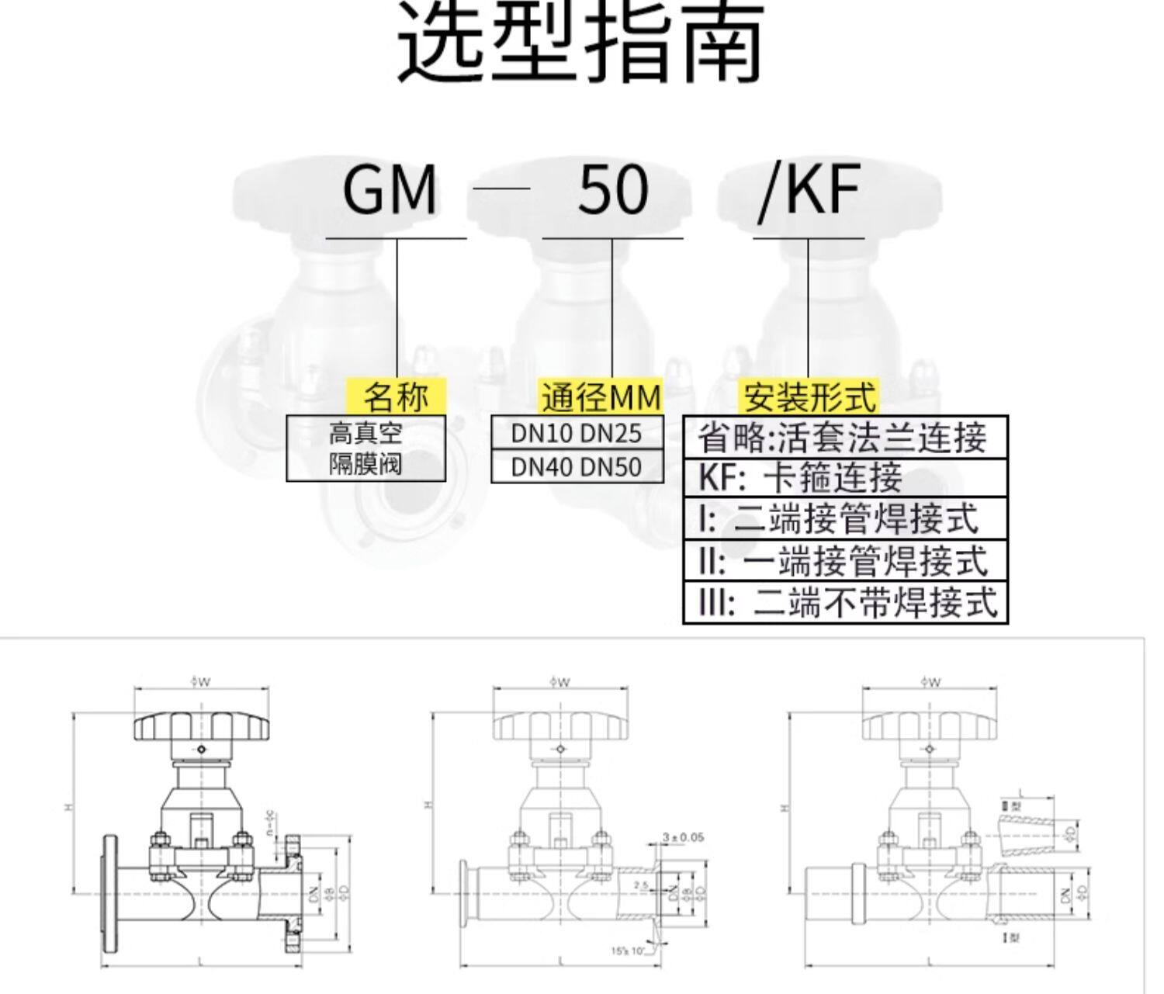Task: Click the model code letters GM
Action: (x=390, y=191)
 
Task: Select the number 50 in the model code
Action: (x=613, y=191)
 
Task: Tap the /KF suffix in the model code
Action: (x=809, y=191)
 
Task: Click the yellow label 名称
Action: (x=396, y=397)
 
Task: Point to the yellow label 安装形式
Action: (x=809, y=397)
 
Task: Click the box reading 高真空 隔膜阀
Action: (x=365, y=449)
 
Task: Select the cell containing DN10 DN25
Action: (x=577, y=433)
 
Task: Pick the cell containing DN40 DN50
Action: (x=577, y=466)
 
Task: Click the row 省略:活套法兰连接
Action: (x=844, y=438)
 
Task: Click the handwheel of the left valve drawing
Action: (x=201, y=726)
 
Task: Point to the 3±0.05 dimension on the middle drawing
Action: (x=683, y=837)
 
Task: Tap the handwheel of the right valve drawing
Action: (x=929, y=726)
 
